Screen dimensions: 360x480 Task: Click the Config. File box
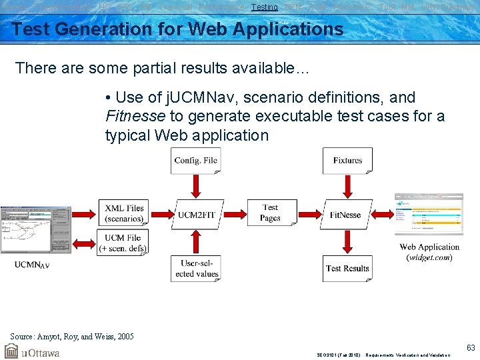pos(195,161)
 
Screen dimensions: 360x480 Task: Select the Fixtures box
pos(347,161)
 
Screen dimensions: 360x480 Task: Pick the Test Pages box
pos(271,213)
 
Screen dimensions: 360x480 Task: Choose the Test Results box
pos(347,268)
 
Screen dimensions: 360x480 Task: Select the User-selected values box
pos(195,268)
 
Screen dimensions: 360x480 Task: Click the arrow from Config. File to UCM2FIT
pos(196,186)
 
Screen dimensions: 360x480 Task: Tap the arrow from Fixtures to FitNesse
pos(347,186)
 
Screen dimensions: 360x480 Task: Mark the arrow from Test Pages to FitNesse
pos(307,214)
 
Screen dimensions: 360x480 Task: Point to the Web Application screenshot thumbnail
pos(429,214)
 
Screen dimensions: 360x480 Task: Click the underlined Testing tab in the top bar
pos(265,7)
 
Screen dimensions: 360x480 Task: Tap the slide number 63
pos(471,347)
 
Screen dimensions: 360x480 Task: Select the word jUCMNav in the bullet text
pos(176,97)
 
